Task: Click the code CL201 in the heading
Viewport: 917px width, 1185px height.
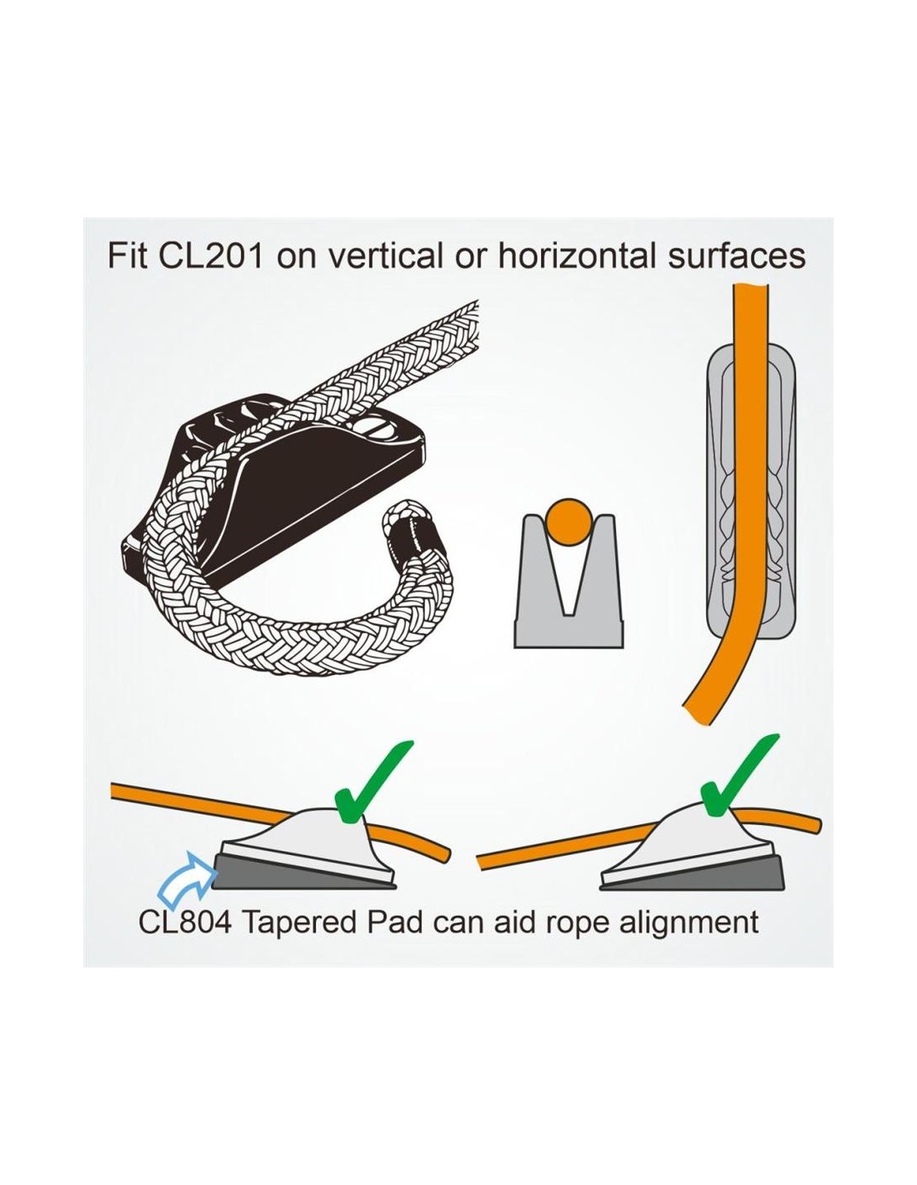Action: (209, 256)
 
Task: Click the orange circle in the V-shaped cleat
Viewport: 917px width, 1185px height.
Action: (569, 519)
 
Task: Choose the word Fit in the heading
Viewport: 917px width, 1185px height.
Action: (127, 256)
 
